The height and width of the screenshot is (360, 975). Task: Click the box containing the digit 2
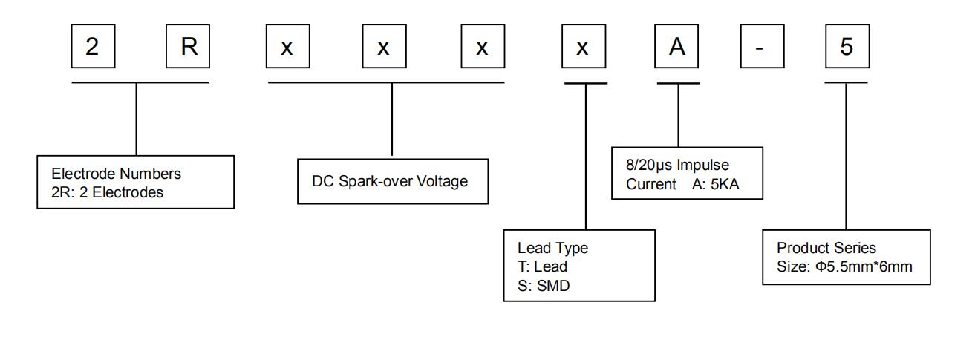[x=93, y=46]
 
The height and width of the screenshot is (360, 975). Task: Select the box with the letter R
[x=188, y=46]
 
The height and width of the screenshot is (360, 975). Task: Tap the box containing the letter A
[x=676, y=46]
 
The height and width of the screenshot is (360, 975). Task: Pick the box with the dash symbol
[x=763, y=46]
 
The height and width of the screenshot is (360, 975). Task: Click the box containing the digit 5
[x=847, y=46]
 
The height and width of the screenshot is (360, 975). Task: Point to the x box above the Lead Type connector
[x=584, y=46]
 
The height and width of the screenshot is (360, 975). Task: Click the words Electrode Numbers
[x=117, y=174]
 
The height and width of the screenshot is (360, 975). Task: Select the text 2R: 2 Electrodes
[x=107, y=192]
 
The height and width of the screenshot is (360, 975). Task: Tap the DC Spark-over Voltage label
[x=390, y=181]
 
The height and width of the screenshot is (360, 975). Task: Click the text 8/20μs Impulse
[x=678, y=165]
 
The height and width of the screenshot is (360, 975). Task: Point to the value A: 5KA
[x=716, y=184]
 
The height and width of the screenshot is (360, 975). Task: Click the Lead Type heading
[x=552, y=248]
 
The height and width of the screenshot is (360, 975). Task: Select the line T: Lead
[x=542, y=266]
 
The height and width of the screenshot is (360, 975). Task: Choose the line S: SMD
[x=544, y=286]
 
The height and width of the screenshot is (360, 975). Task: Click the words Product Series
[x=826, y=248]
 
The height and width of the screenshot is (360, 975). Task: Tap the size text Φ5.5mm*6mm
[x=864, y=266]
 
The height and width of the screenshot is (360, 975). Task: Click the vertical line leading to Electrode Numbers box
[x=136, y=119]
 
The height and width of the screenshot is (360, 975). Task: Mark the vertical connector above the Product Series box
[x=846, y=157]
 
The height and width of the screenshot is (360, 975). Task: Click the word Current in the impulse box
[x=650, y=184]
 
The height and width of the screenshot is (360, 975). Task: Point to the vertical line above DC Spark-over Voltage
[x=392, y=119]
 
